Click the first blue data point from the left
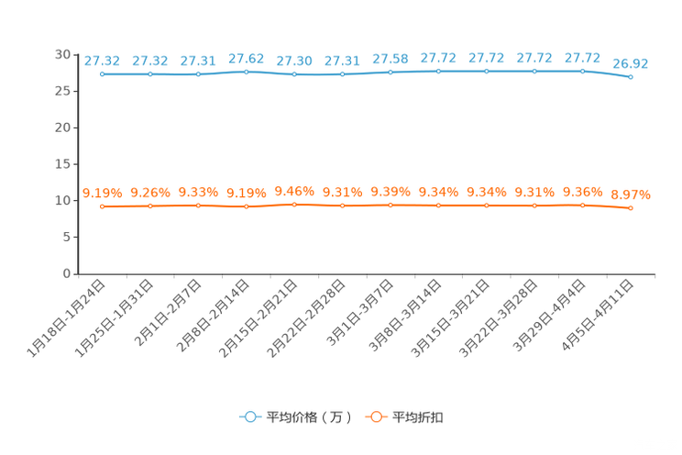tap(103, 73)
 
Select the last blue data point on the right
tap(631, 77)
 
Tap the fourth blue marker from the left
tap(247, 71)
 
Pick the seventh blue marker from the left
tap(390, 72)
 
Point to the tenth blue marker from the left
tap(534, 71)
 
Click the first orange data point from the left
tap(103, 205)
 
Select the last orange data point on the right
tap(631, 207)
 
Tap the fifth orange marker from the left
tap(294, 204)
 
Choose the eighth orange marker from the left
tap(438, 205)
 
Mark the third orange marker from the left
tap(198, 205)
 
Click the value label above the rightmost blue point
tap(631, 63)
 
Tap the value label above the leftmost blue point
tap(102, 61)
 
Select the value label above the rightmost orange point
tap(631, 194)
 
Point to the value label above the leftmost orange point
tap(102, 193)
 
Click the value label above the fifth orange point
tap(294, 190)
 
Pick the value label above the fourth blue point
tap(246, 58)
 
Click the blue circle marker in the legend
tap(248, 416)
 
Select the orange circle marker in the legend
tap(374, 416)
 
